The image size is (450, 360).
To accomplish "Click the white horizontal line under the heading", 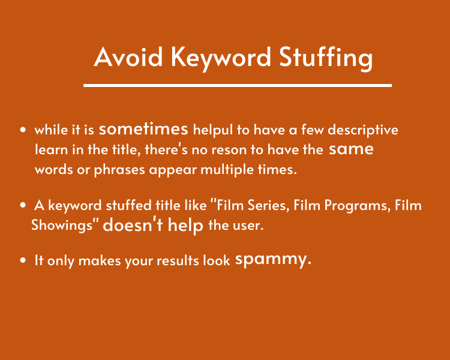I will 238,85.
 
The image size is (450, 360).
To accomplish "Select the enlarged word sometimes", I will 144,129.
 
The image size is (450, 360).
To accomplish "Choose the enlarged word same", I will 351,149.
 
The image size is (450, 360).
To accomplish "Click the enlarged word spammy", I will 273,260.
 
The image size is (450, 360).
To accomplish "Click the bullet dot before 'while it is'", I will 23,130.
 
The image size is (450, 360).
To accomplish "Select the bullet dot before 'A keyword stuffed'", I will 23,206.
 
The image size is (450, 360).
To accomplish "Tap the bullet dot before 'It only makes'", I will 23,261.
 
